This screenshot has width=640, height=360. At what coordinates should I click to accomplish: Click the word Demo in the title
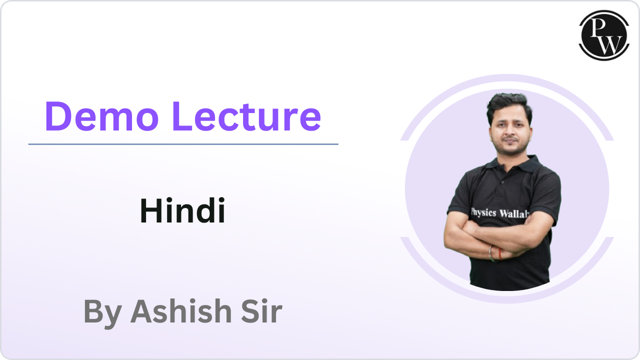pyautogui.click(x=101, y=117)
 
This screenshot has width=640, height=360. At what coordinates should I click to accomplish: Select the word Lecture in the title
pyautogui.click(x=247, y=117)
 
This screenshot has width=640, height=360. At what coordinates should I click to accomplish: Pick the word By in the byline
pyautogui.click(x=102, y=312)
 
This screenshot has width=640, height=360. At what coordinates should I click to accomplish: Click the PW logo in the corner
pyautogui.click(x=604, y=35)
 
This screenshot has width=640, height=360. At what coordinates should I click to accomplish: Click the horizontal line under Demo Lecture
pyautogui.click(x=183, y=144)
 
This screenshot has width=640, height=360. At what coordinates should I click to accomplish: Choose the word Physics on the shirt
pyautogui.click(x=483, y=213)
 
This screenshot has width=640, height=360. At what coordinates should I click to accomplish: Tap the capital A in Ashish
pyautogui.click(x=142, y=311)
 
